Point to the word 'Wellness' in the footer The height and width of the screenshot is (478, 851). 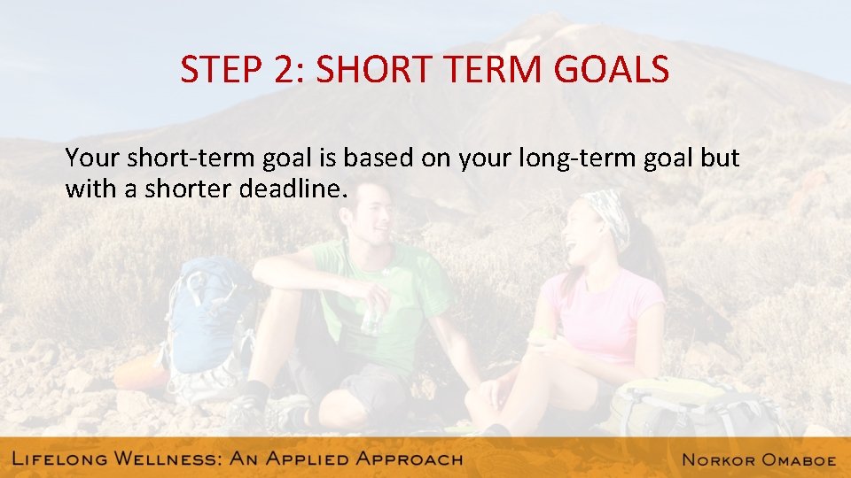(168, 459)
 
